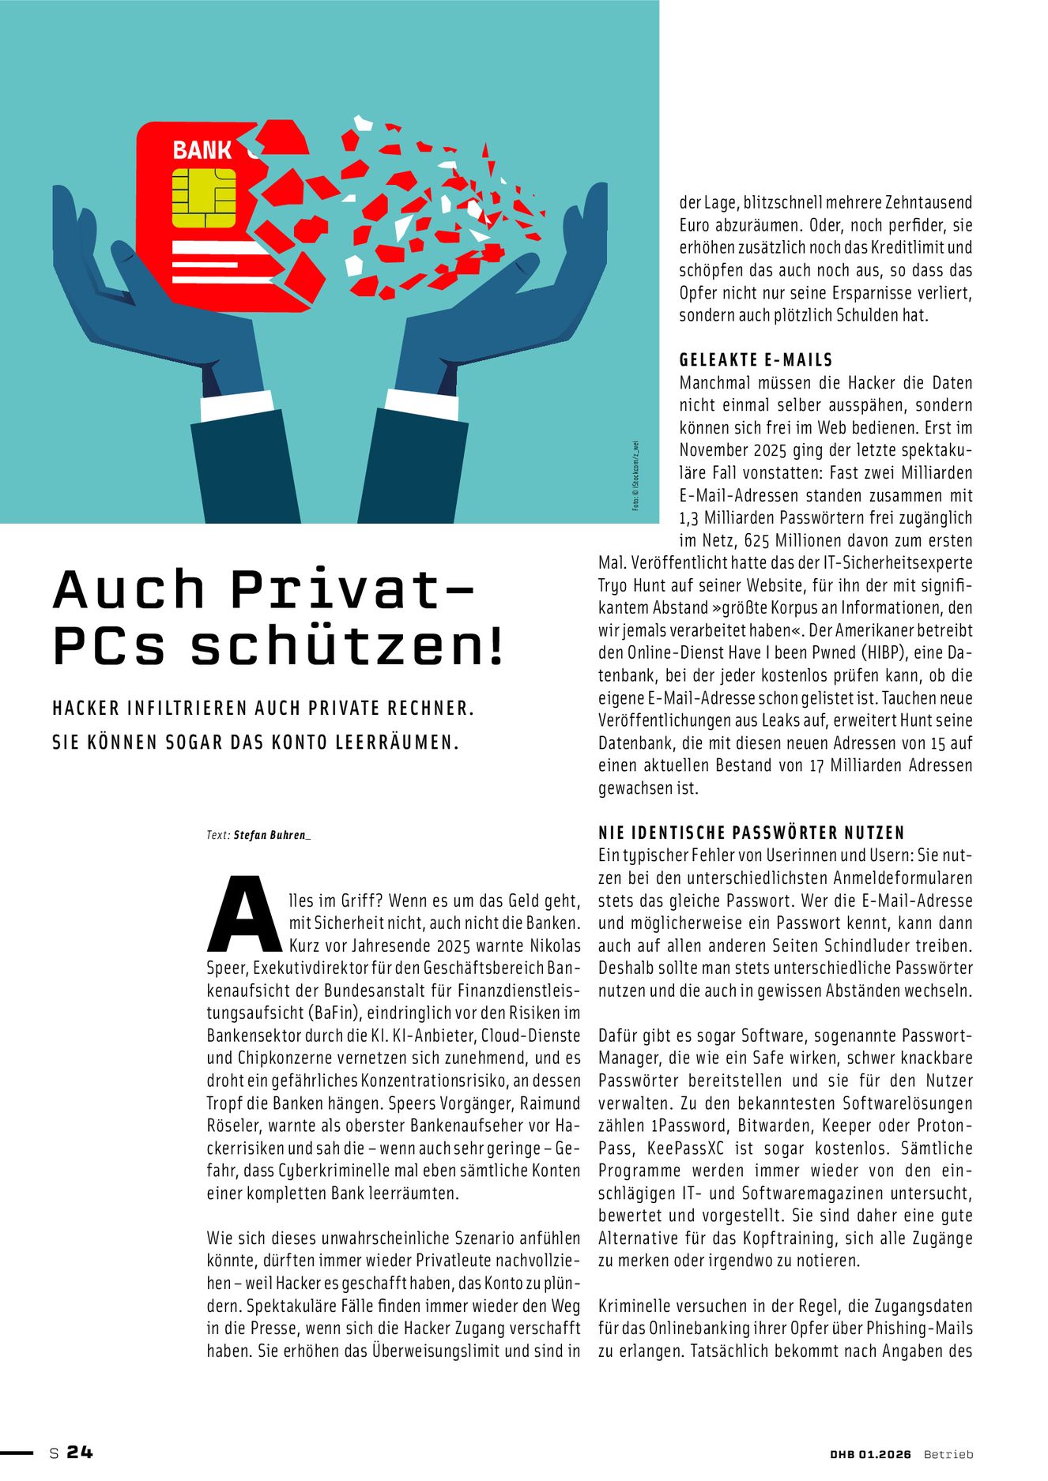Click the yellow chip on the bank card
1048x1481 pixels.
[x=203, y=197]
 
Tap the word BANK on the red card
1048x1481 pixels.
[x=202, y=150]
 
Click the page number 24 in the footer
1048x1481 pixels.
[x=80, y=1452]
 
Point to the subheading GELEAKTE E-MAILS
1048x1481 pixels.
[x=756, y=360]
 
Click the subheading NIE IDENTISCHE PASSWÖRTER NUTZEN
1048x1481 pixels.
[x=751, y=833]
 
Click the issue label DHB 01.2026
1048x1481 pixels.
[x=870, y=1454]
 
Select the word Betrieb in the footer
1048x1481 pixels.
[x=948, y=1454]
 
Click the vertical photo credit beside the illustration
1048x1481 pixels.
[x=636, y=475]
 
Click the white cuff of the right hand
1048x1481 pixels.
[x=421, y=404]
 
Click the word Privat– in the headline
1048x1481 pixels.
[x=353, y=589]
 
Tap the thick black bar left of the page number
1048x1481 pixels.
[x=17, y=1453]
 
